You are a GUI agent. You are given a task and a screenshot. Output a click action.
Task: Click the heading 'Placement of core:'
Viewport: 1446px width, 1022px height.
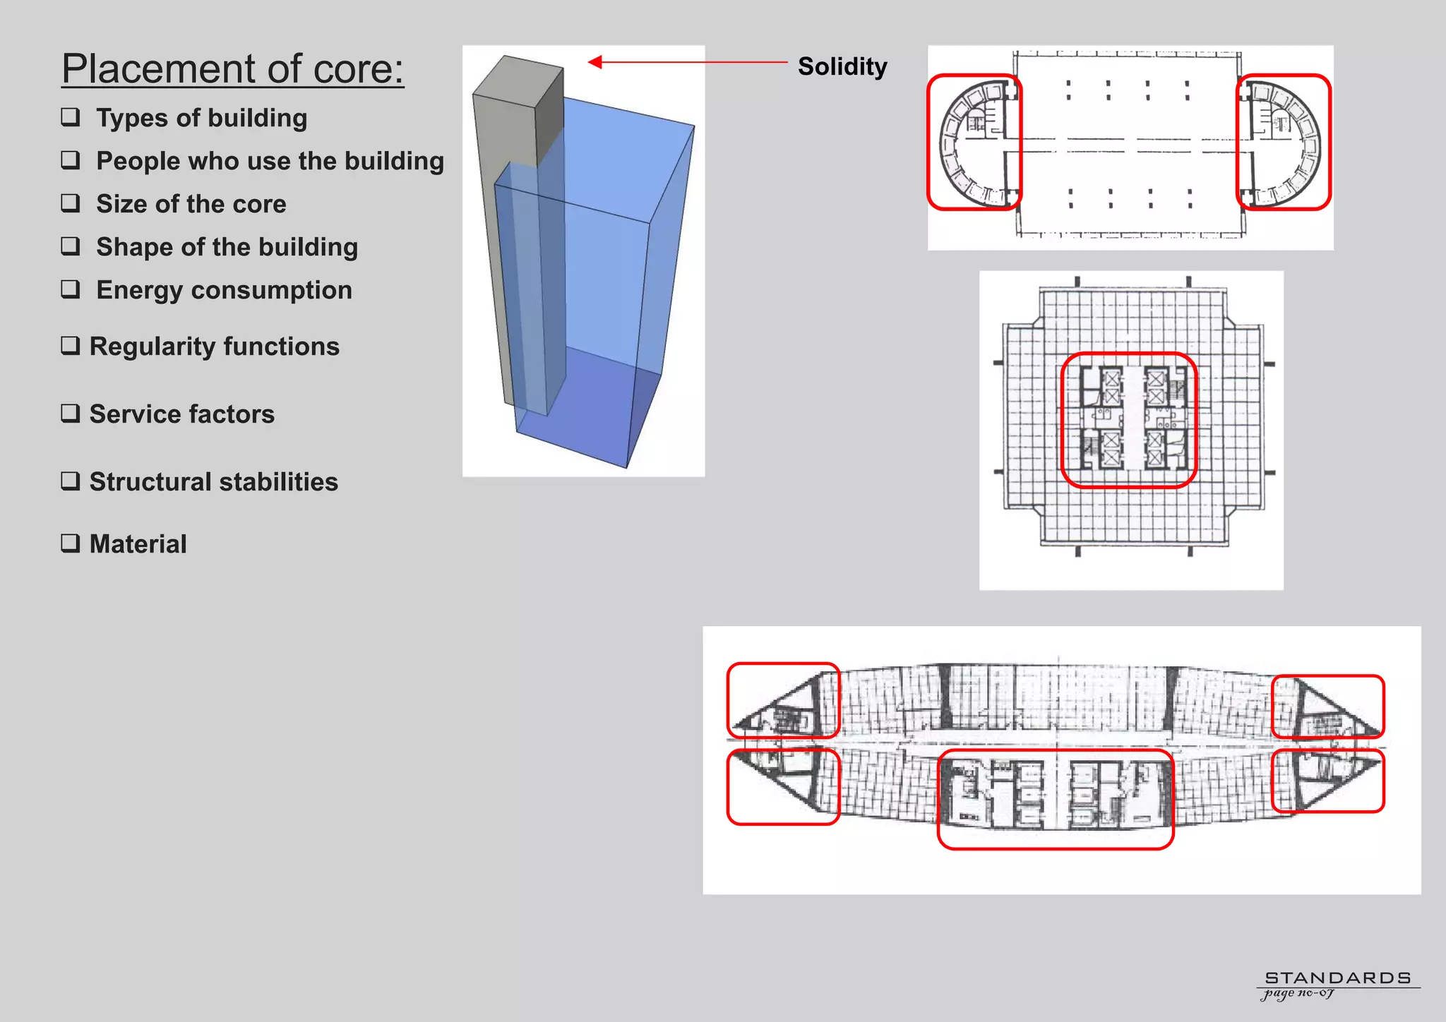coord(232,69)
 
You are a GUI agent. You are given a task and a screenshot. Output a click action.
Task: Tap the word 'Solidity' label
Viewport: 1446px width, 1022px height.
coord(842,66)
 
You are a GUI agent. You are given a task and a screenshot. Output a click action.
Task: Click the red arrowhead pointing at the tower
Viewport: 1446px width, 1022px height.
coord(595,62)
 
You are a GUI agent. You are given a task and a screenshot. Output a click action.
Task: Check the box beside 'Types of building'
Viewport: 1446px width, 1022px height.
coord(71,116)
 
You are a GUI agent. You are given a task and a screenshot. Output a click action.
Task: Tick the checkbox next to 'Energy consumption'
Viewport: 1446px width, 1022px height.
coord(71,289)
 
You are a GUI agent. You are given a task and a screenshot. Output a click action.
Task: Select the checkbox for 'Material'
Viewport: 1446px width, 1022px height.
coord(71,543)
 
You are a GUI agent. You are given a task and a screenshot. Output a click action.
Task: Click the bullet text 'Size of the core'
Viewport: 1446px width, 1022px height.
coord(191,204)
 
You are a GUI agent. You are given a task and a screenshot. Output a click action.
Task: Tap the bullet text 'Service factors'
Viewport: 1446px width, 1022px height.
coord(181,414)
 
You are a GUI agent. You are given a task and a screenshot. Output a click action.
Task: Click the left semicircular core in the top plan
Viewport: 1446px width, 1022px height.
coord(974,142)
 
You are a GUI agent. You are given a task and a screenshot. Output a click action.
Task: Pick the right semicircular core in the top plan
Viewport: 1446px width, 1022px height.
coord(1284,142)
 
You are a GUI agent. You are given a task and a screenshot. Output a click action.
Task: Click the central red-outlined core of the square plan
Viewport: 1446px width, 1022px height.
coord(1129,420)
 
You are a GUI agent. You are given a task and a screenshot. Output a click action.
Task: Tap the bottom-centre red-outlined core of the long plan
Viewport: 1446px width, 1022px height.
coord(1056,798)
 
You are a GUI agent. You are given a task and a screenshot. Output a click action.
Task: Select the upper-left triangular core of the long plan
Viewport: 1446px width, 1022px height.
coord(783,700)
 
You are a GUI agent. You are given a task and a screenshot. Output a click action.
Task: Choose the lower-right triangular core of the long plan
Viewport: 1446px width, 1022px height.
coord(1327,781)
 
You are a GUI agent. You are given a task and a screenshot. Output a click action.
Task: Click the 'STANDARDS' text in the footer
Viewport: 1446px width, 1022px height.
coord(1337,978)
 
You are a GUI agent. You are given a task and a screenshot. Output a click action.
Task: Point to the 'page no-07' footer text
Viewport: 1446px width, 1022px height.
coord(1298,993)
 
